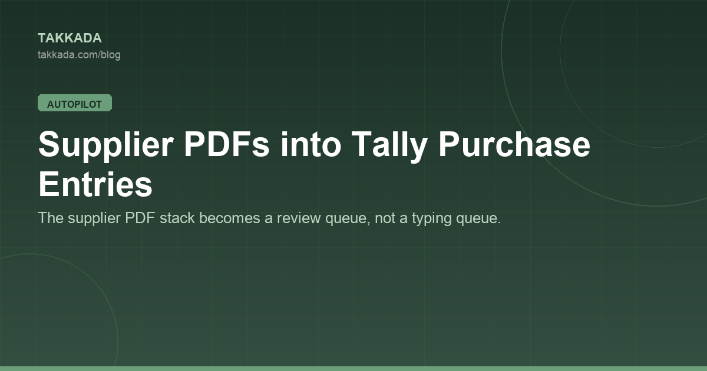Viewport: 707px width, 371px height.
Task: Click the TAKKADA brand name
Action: [x=70, y=38]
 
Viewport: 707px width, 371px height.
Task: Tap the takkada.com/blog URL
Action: [x=79, y=55]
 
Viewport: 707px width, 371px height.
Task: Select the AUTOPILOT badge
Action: [x=75, y=103]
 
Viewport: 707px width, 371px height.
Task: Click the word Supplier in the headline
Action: [x=106, y=145]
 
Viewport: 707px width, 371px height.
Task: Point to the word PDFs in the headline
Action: [x=226, y=144]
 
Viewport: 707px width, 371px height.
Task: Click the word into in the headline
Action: [x=311, y=144]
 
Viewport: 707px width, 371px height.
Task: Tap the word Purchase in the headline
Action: [x=514, y=144]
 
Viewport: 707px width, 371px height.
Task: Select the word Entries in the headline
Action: [x=95, y=184]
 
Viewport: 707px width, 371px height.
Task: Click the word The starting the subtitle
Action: [x=51, y=218]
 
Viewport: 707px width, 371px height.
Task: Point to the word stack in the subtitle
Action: [x=177, y=218]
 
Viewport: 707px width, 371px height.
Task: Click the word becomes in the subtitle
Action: [x=230, y=218]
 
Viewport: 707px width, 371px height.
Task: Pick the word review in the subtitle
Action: [x=299, y=218]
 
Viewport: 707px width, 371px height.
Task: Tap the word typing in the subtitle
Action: [x=432, y=219]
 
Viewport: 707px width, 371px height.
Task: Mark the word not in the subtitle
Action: [x=385, y=218]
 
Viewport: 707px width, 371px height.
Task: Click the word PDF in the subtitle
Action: [x=140, y=218]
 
